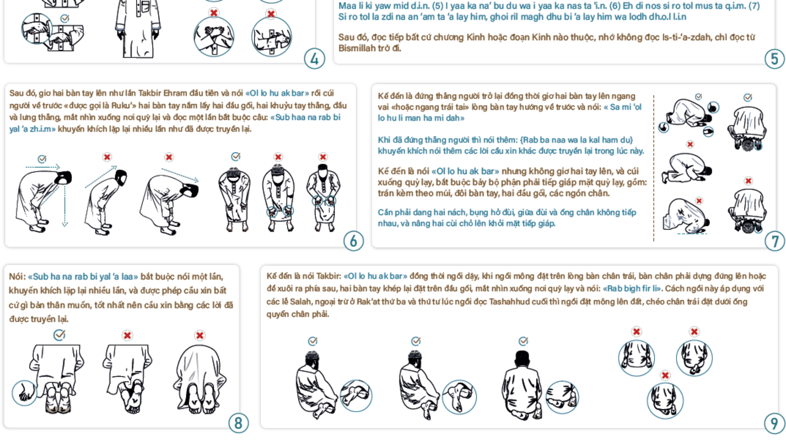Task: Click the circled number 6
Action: [x=353, y=241]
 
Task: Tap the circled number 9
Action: [x=774, y=424]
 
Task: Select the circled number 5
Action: [x=774, y=59]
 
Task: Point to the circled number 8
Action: [x=239, y=423]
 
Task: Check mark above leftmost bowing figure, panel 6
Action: [x=42, y=159]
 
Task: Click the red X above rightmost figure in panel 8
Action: [x=200, y=336]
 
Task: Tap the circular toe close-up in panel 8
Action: [x=24, y=393]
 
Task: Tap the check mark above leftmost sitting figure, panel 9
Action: [x=313, y=341]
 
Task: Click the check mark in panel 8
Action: [x=59, y=335]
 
